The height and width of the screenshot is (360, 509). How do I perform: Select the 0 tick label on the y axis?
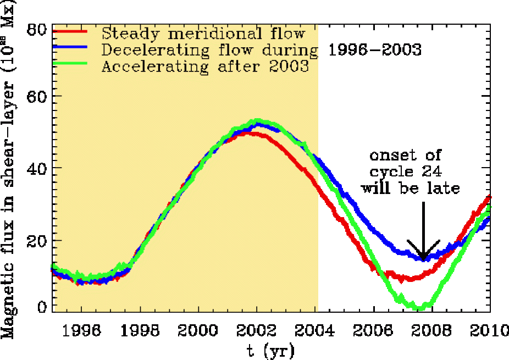click(41, 307)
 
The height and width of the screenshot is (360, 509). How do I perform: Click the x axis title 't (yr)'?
click(271, 350)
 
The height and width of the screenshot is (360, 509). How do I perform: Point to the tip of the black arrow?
click(423, 261)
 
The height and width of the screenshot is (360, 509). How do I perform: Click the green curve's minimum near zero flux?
click(420, 307)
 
